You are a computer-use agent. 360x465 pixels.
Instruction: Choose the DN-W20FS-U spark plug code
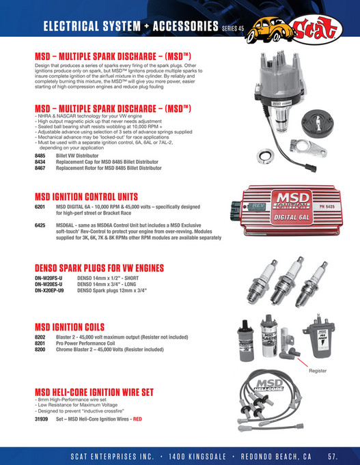pos(49,279)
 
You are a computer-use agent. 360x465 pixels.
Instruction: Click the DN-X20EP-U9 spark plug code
pos(50,290)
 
